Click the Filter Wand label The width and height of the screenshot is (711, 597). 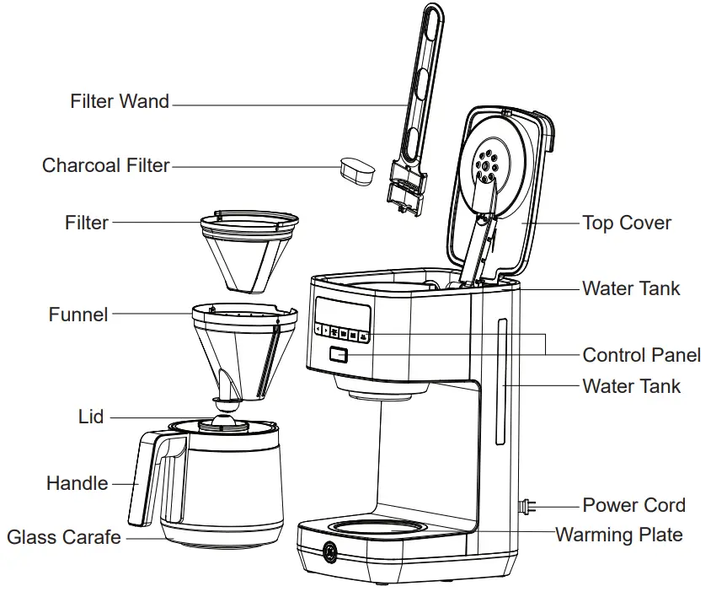120,102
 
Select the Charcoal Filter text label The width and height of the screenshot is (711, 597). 106,165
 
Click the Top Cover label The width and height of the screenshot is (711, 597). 627,223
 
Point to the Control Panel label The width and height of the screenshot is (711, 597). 641,354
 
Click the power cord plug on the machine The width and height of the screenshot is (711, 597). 527,507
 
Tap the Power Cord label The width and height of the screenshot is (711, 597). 633,505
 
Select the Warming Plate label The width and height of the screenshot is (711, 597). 618,535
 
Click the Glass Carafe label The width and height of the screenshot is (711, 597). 64,537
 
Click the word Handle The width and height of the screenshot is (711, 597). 78,483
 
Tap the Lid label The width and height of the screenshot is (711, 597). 91,417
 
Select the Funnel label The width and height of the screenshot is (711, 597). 78,315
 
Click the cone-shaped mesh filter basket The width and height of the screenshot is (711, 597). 249,249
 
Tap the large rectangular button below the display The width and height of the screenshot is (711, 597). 340,355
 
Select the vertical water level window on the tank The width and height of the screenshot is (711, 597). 502,383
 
